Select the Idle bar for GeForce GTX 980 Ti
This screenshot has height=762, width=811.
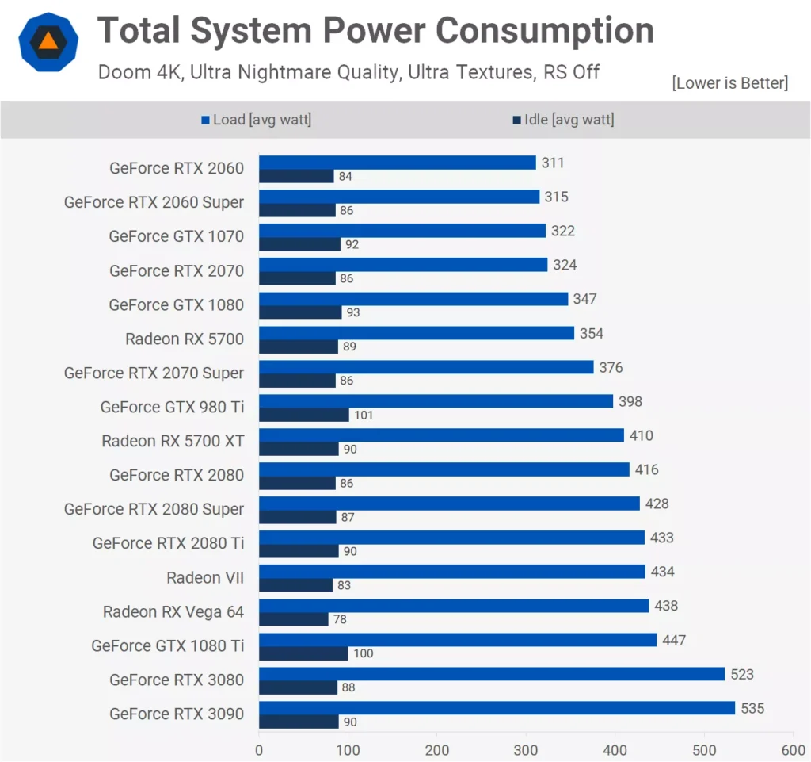coord(304,415)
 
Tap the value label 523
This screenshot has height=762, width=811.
coord(742,675)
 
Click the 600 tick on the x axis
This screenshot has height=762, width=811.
coord(793,750)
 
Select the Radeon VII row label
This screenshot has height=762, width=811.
coord(205,577)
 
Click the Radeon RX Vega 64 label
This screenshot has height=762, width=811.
coord(173,611)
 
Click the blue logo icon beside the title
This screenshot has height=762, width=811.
coord(48,41)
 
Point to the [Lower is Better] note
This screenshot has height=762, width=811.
coord(729,83)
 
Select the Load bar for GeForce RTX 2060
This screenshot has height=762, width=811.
coord(398,163)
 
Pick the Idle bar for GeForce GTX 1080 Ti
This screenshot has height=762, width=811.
coord(303,653)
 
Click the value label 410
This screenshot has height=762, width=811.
coord(642,436)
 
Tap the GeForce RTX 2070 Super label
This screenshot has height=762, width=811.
coord(154,373)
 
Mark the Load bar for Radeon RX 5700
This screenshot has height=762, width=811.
coord(417,333)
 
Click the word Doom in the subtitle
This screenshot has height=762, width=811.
coord(123,72)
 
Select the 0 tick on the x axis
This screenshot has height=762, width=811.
coord(259,750)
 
